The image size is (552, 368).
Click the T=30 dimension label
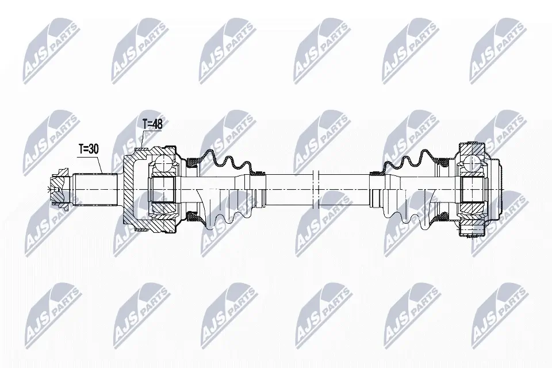89,149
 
